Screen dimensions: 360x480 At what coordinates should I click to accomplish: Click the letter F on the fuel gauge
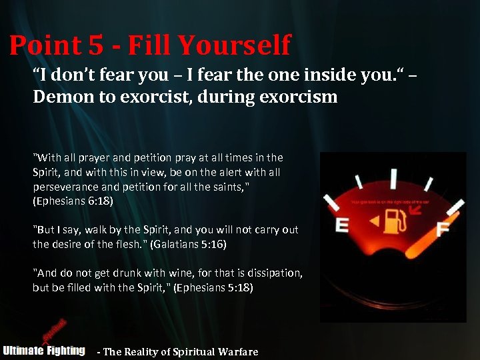442,229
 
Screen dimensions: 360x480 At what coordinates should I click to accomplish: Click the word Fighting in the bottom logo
65,350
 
